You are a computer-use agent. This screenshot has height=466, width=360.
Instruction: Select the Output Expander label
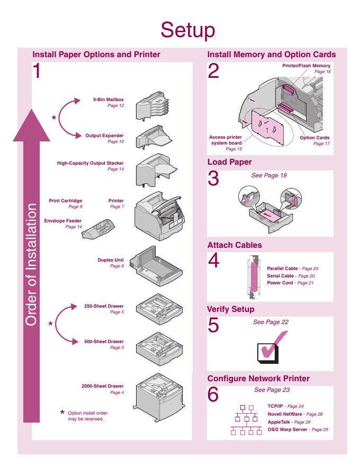(104, 136)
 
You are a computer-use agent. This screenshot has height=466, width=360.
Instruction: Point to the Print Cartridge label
(65, 201)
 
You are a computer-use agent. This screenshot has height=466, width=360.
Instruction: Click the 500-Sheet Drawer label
(104, 342)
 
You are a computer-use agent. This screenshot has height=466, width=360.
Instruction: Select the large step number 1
(37, 71)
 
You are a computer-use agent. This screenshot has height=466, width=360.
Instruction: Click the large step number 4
(213, 261)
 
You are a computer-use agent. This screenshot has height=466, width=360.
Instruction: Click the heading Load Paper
(229, 162)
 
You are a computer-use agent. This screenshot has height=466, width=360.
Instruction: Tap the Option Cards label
(314, 138)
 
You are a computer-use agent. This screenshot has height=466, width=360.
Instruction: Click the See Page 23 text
(272, 390)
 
